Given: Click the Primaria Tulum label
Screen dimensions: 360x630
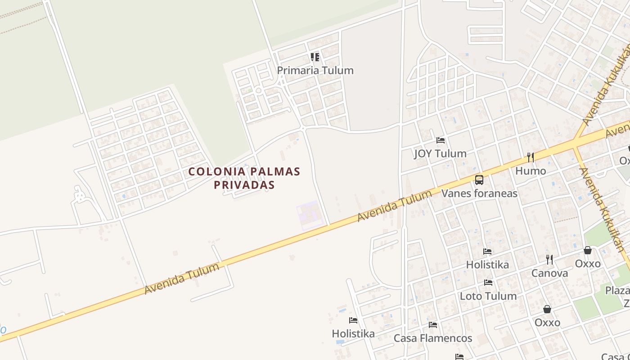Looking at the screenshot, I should [315, 71].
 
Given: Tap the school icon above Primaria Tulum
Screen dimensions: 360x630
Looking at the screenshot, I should [315, 57].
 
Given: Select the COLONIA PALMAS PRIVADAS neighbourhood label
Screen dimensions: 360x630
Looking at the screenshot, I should [244, 178].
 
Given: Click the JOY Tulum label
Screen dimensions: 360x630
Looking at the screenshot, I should [440, 153].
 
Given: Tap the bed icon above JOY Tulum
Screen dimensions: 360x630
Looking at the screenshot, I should [441, 140].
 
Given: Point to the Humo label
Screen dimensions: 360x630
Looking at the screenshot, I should [531, 171].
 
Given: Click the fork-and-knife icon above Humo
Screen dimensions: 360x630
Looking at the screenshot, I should [531, 157].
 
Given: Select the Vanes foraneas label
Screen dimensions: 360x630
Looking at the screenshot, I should [479, 193].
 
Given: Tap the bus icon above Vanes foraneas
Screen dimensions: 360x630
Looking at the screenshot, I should [479, 180].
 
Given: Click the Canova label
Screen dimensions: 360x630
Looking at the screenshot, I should [549, 273].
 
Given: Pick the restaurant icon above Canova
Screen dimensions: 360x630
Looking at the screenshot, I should [549, 260].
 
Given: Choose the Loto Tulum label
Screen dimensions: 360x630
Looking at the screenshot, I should [488, 296].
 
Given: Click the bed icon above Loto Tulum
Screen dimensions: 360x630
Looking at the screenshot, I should [488, 283].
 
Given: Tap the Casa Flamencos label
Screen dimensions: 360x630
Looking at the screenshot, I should [433, 338].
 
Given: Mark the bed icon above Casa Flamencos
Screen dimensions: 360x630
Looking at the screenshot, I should [433, 325].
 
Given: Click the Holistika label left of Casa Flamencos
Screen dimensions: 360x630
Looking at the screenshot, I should [353, 334].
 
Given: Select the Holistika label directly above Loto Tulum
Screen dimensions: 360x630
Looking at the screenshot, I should [487, 265].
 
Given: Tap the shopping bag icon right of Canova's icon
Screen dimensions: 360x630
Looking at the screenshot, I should [588, 251].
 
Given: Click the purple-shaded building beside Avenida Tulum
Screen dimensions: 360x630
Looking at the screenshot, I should [309, 215].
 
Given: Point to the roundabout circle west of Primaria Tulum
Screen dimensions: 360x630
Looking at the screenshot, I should [258, 91].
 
